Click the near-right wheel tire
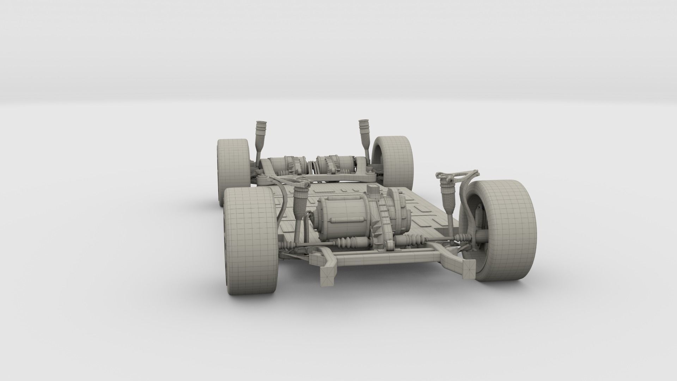tap(508, 226)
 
